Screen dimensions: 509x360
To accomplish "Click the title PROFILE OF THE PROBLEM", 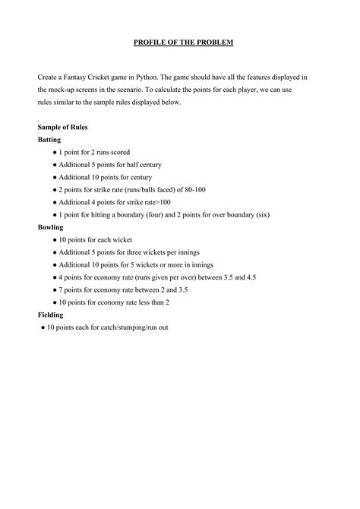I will [x=179, y=43].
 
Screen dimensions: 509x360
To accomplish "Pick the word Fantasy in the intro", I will [x=83, y=78].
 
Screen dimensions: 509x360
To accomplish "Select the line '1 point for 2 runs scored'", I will [x=98, y=152].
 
